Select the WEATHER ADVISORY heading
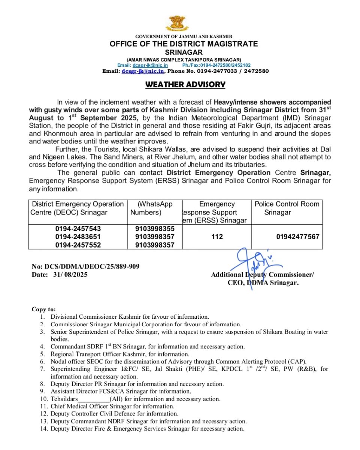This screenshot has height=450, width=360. (x=185, y=84)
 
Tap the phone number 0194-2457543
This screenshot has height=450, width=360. (x=78, y=229)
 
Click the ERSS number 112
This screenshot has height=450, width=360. (x=217, y=237)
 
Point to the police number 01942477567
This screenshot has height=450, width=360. (x=298, y=237)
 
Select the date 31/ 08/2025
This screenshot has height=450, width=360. (x=71, y=274)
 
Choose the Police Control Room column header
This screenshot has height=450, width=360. (x=287, y=208)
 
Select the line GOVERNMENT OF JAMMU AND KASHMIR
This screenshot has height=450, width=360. (x=184, y=36)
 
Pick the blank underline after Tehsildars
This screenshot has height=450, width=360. (x=94, y=399)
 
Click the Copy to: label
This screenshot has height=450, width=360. (x=44, y=309)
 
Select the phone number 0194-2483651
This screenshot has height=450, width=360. (x=78, y=237)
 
